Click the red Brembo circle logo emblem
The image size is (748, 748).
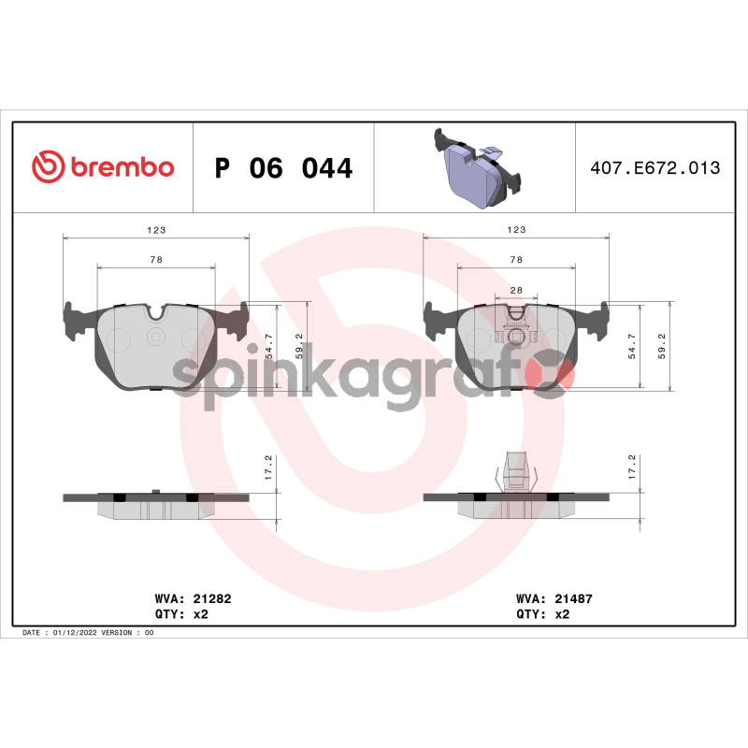(49, 166)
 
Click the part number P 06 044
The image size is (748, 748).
(283, 168)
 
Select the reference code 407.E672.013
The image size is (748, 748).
(655, 168)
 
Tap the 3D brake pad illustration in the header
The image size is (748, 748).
(477, 169)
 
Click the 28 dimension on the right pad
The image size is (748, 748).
(516, 290)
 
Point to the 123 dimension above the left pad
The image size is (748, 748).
(156, 230)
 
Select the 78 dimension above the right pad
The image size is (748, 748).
(516, 260)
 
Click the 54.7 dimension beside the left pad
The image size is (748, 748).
(269, 346)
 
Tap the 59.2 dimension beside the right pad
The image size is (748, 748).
(661, 346)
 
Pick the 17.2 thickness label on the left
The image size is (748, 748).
(268, 467)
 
